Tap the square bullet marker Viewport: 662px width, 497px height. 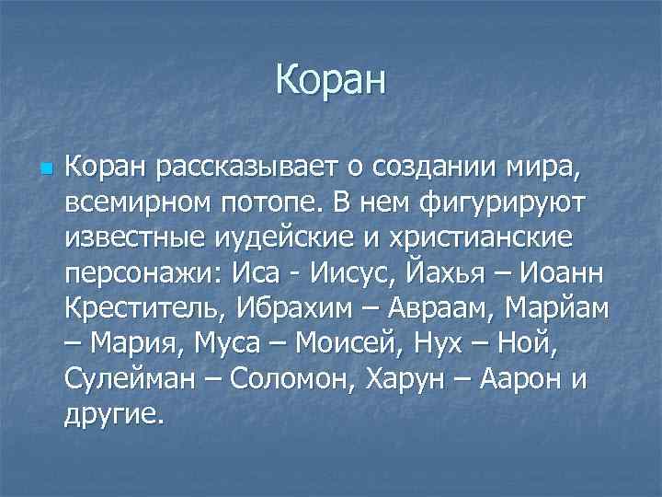pyautogui.click(x=46, y=170)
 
